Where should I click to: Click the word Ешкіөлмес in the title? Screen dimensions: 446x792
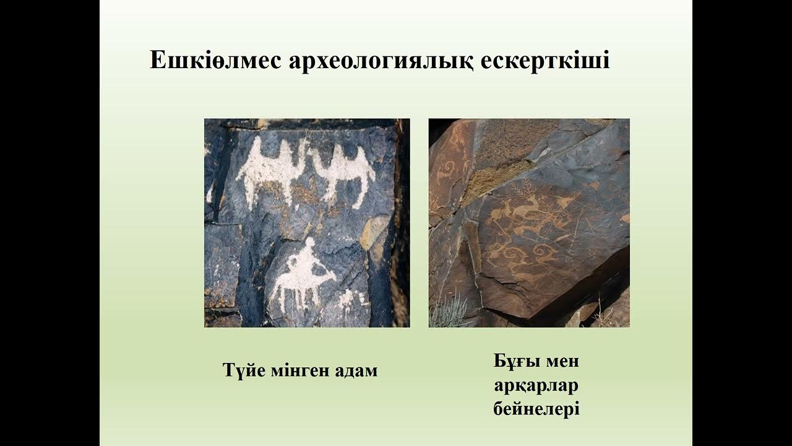[x=215, y=61]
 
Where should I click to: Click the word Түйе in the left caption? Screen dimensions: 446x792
[x=243, y=371]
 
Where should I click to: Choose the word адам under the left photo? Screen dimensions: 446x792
[x=356, y=371]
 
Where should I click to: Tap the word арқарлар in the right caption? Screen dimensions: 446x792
[x=536, y=385]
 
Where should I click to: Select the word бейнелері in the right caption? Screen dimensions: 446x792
[x=536, y=409]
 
